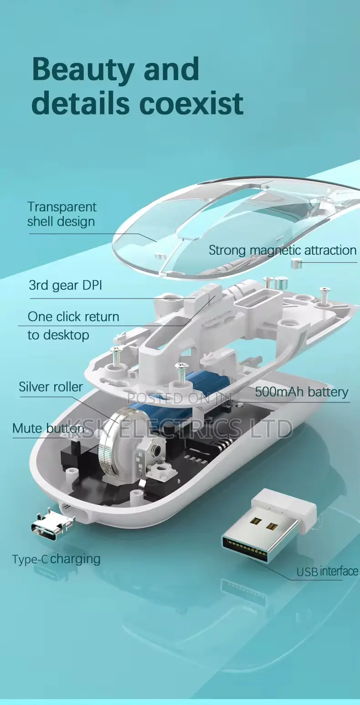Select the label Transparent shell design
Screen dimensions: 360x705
pos(62,214)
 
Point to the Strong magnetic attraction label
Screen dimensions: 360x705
pos(283,251)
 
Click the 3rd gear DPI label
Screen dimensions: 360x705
pos(66,285)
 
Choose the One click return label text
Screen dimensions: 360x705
pos(73,317)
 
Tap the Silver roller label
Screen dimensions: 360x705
pos(51,387)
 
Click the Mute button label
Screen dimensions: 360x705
pos(48,428)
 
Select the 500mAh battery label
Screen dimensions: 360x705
pos(302,392)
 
